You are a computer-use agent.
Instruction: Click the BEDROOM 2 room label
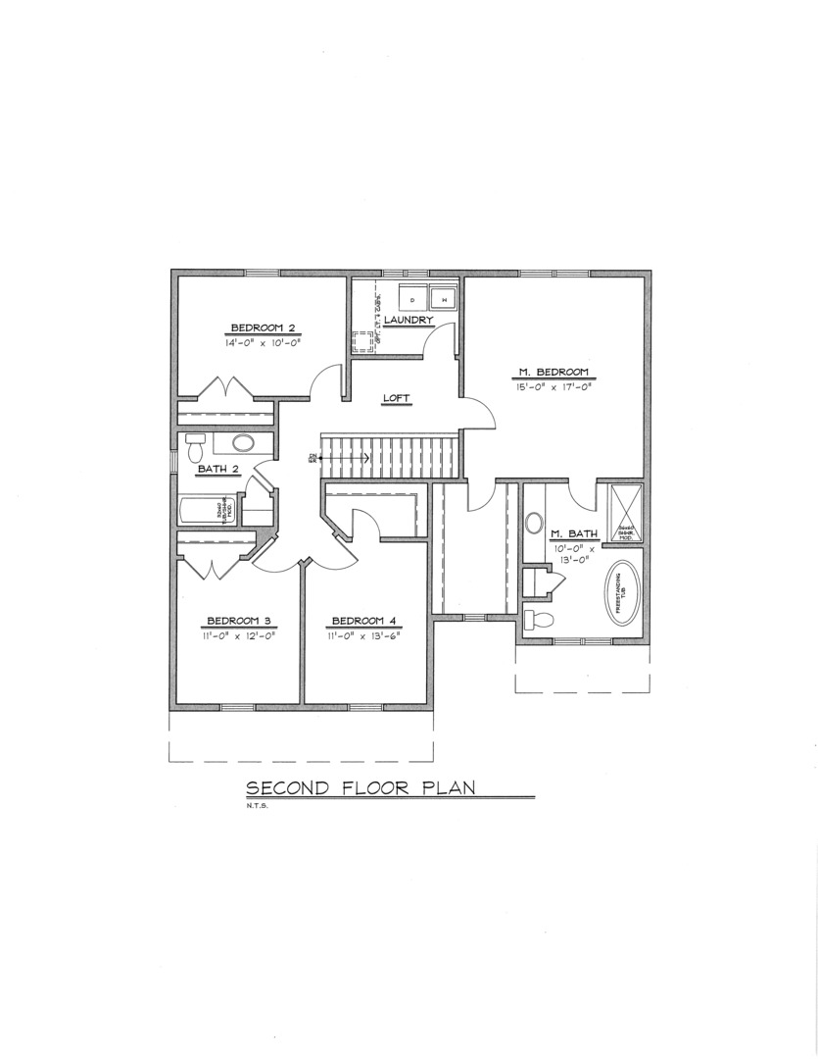click(x=263, y=328)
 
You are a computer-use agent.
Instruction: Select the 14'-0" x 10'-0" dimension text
click(x=263, y=343)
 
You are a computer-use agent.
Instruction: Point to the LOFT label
click(x=396, y=397)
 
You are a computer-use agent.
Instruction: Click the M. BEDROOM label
click(x=553, y=372)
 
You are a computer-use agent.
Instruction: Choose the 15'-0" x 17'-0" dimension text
click(x=553, y=387)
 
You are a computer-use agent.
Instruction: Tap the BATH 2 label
click(x=218, y=469)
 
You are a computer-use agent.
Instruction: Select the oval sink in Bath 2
click(x=241, y=443)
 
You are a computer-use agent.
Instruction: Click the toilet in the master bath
click(x=538, y=619)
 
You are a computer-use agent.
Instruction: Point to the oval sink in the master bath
click(x=534, y=523)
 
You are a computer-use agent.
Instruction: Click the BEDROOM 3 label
click(x=239, y=620)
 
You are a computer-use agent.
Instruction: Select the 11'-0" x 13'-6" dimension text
click(x=364, y=635)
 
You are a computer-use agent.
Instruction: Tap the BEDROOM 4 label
click(x=364, y=620)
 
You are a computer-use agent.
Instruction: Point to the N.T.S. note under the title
click(x=257, y=807)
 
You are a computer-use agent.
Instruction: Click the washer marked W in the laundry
click(x=442, y=298)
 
